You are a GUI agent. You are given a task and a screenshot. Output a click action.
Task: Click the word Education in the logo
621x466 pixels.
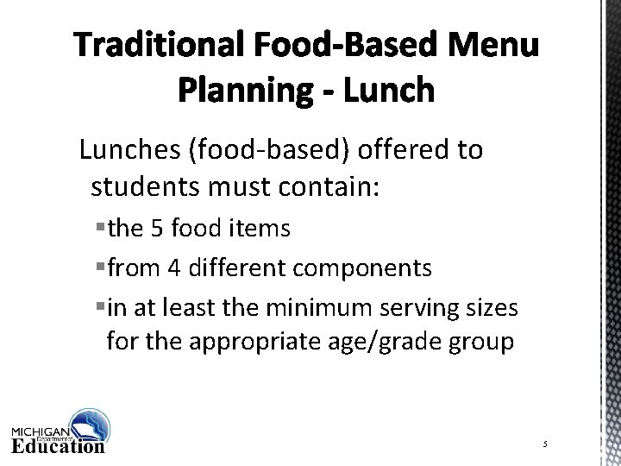(x=58, y=446)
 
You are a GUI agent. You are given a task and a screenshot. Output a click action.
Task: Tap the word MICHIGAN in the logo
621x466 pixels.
(x=41, y=431)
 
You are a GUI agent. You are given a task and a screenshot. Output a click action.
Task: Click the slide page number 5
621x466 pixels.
(x=546, y=443)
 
